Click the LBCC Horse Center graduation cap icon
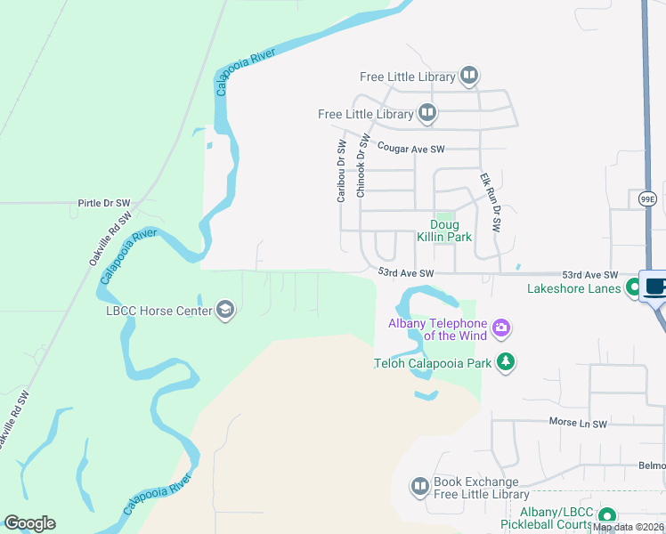point(225,310)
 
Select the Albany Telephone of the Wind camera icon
point(501,329)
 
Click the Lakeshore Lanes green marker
point(633,287)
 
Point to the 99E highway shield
point(646,199)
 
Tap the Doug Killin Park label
point(444,231)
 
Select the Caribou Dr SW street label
point(341,171)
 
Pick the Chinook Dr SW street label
point(361,166)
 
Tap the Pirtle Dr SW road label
point(105,202)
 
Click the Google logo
point(29,523)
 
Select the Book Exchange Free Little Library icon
point(419,487)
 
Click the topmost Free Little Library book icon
point(469,77)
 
